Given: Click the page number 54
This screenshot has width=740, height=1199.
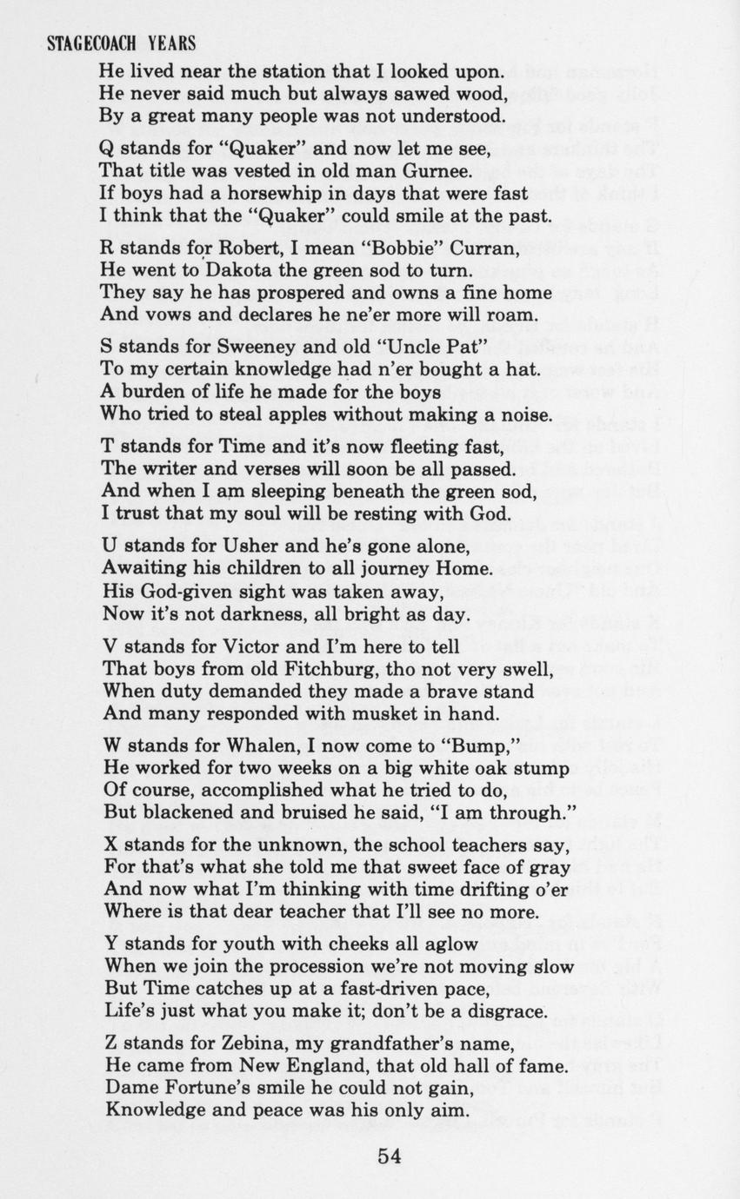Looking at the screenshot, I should point(389,1155).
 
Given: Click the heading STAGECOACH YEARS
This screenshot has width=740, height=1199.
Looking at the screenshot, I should point(120,43).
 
